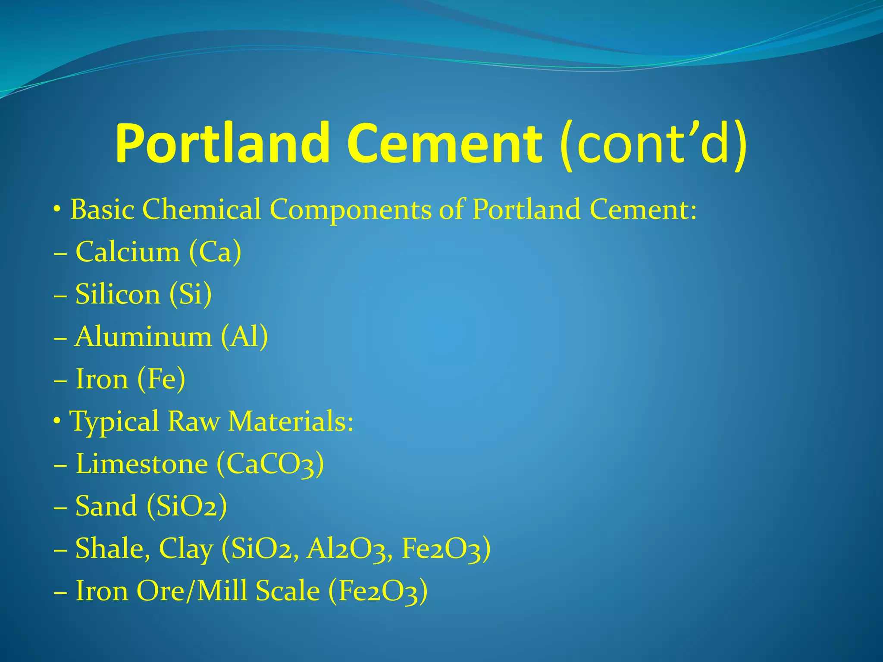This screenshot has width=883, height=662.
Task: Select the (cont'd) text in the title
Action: point(653,144)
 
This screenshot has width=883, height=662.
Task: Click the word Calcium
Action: point(128,252)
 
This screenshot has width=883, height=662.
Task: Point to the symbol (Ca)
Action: point(215,252)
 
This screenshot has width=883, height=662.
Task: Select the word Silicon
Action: point(118,294)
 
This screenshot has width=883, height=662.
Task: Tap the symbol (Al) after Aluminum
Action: point(244,337)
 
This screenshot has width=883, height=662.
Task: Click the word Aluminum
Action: point(143,337)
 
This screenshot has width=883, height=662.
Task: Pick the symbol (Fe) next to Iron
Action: point(161,379)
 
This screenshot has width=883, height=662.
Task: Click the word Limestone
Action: point(142,464)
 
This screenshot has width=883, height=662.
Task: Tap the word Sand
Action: point(106,506)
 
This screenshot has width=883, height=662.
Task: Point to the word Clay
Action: point(186,549)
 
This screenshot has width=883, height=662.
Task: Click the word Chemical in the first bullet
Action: point(202,209)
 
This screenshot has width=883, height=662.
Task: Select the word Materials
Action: point(291,421)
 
